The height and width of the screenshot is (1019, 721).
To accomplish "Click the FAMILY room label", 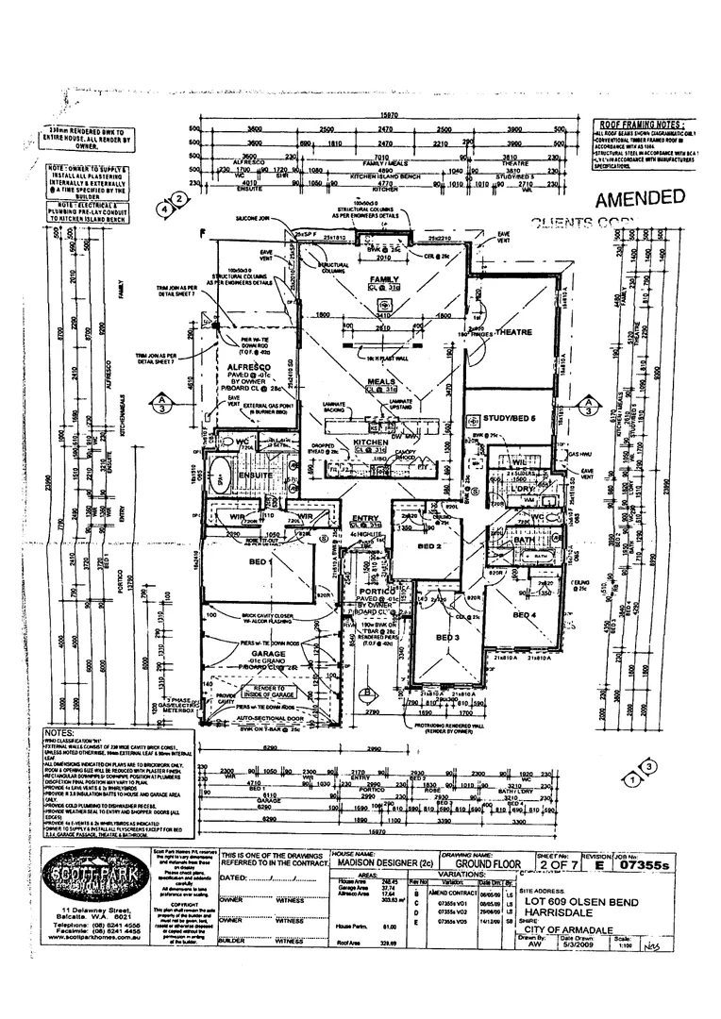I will tap(384, 279).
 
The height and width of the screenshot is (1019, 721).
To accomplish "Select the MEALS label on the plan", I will tap(382, 381).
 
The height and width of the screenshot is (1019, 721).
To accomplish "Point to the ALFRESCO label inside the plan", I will tap(244, 364).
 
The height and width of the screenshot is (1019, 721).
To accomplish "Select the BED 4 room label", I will tap(525, 615).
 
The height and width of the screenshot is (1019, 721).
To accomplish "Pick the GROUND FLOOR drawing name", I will tap(487, 862).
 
